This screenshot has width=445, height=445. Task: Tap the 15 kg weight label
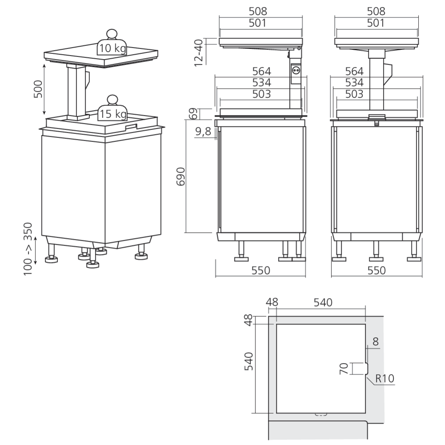(113, 114)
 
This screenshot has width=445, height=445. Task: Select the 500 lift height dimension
(38, 89)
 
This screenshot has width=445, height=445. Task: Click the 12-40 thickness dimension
(199, 53)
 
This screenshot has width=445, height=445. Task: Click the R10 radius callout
(384, 379)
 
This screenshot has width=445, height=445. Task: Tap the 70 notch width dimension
(344, 369)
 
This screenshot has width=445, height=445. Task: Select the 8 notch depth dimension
(376, 342)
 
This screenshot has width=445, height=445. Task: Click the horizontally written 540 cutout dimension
(323, 303)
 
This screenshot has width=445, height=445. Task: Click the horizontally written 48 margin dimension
(271, 303)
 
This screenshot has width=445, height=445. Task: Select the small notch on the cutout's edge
(365, 369)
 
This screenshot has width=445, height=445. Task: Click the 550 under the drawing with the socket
(260, 270)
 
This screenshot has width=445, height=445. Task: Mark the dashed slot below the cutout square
(320, 414)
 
